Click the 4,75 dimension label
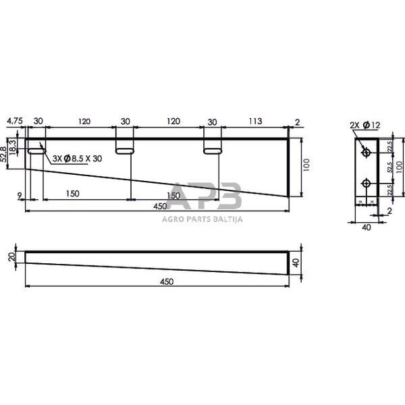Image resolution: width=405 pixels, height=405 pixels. (x=14, y=122)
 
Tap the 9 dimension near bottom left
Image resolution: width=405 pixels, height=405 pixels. (x=21, y=195)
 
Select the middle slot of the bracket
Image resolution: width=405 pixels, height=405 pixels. (x=124, y=151)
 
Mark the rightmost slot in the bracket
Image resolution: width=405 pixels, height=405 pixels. (x=213, y=151)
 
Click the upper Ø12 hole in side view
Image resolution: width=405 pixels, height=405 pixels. (x=366, y=153)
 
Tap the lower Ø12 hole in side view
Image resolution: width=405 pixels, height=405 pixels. (x=366, y=183)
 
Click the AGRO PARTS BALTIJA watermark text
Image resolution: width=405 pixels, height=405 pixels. (x=202, y=218)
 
